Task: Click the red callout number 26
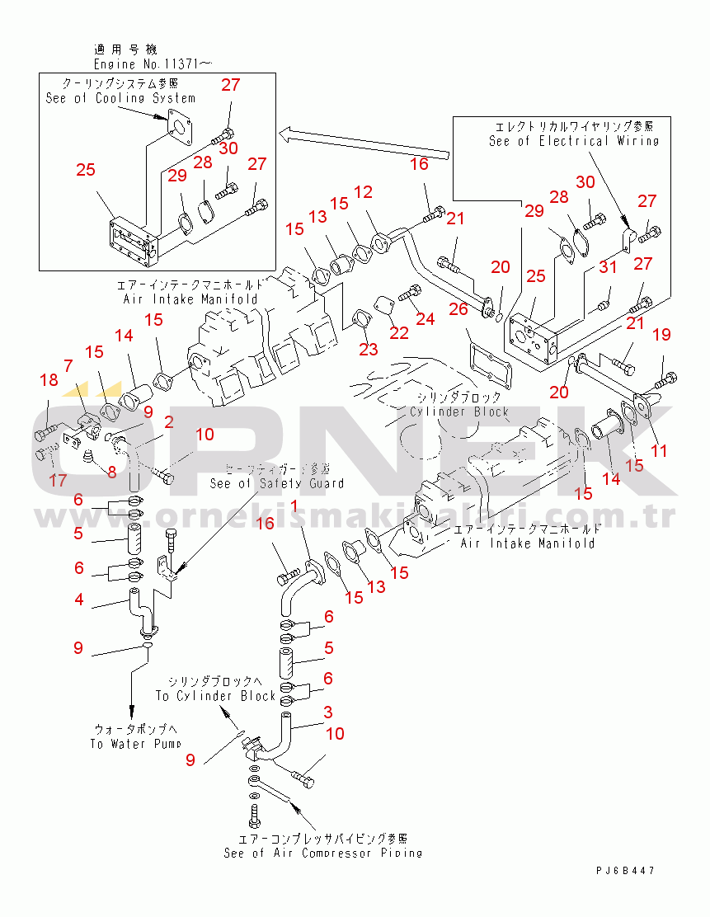point(458,308)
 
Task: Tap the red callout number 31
point(608,267)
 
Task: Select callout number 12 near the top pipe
point(363,192)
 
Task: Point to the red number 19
point(662,334)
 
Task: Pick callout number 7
point(68,365)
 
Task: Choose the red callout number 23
point(368,350)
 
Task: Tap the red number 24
point(425,318)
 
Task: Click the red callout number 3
point(327,712)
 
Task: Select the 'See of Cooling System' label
point(120,98)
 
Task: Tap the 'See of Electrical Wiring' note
point(574,141)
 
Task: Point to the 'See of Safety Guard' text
point(277,483)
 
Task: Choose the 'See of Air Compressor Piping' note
point(323,853)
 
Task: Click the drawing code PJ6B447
point(628,870)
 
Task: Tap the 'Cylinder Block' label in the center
point(459,411)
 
